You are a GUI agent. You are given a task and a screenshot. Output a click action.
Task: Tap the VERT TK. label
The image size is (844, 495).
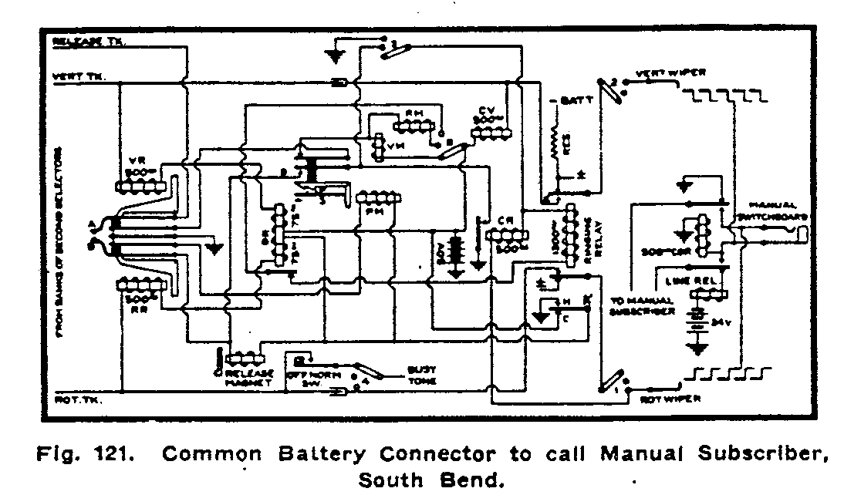(81, 76)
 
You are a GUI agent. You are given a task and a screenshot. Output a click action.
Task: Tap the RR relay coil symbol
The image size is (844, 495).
(141, 285)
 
